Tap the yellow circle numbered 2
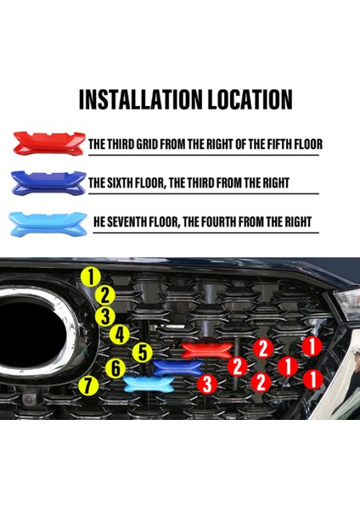pyautogui.click(x=104, y=296)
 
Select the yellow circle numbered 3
pyautogui.click(x=106, y=316)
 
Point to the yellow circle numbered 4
pyautogui.click(x=121, y=335)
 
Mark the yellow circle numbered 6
pyautogui.click(x=115, y=368)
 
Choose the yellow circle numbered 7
pyautogui.click(x=87, y=386)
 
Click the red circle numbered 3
pyautogui.click(x=205, y=385)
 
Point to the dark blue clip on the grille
pyautogui.click(x=176, y=366)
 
